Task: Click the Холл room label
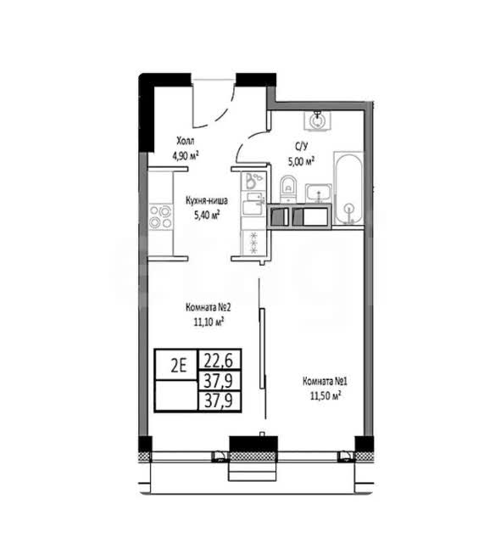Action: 185,141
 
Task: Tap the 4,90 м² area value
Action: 186,156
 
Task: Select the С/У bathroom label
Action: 301,147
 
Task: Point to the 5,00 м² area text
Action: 301,161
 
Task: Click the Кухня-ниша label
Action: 207,201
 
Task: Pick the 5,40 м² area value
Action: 207,216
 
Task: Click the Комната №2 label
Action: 208,307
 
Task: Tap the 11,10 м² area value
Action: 209,322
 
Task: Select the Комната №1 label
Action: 325,381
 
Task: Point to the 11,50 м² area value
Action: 326,396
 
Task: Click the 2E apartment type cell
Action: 179,366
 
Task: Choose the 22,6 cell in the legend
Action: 219,361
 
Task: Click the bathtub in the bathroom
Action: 348,188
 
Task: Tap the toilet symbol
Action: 288,188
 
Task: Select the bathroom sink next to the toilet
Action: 318,193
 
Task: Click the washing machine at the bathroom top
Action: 317,120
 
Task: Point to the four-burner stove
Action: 160,217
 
